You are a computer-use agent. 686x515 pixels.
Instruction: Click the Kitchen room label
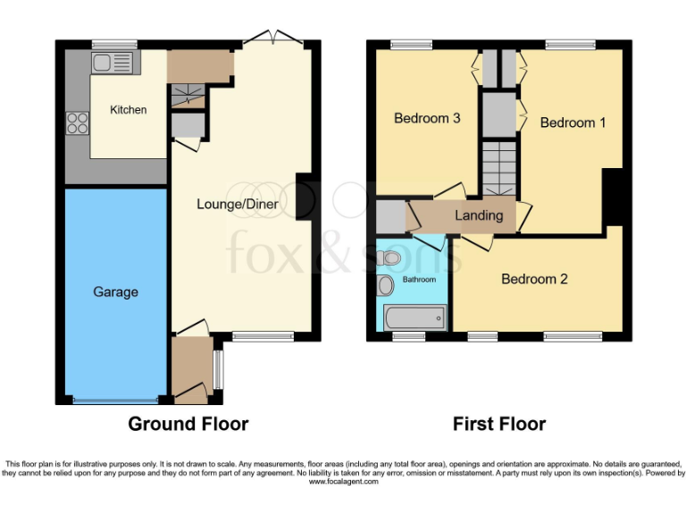pos(128,110)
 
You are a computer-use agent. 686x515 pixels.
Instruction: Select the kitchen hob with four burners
pos(77,122)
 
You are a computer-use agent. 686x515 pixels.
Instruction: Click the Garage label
pos(115,291)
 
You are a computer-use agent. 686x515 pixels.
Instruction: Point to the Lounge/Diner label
pos(238,204)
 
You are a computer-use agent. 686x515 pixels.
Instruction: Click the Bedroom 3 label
pos(427,118)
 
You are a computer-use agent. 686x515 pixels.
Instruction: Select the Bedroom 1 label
pos(573,122)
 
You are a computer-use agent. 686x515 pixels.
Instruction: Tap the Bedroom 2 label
pos(534,279)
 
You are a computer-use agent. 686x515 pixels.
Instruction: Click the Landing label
pos(479,215)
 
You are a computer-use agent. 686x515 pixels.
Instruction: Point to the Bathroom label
pos(419,280)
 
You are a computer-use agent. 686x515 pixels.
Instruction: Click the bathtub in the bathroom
pos(414,317)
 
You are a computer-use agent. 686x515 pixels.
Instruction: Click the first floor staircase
pos(500,170)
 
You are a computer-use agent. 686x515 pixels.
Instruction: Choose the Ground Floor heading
pos(188,424)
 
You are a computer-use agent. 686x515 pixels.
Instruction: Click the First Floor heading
pos(499,424)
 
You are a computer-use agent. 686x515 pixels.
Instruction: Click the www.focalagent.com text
pos(343,482)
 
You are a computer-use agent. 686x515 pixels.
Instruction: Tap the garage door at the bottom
pos(116,400)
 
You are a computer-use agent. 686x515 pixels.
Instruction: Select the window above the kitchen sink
pos(114,44)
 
